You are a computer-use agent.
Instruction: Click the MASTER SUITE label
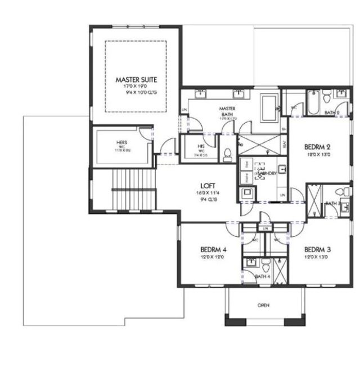[x=136, y=80]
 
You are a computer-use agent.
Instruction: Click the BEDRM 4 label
[x=213, y=249]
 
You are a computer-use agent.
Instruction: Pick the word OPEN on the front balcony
[x=263, y=306]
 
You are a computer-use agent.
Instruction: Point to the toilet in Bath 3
[x=346, y=192]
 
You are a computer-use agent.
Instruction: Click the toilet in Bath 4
[x=264, y=264]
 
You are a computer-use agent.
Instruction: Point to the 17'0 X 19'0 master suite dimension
[x=136, y=87]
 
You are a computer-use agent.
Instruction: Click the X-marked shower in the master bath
[x=257, y=144]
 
